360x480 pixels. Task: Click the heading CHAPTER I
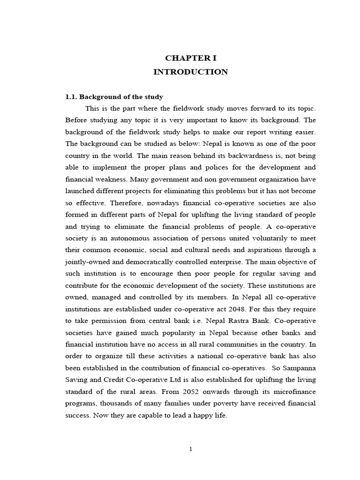click(x=191, y=58)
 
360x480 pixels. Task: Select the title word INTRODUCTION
click(x=191, y=72)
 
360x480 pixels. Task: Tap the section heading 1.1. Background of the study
click(x=114, y=97)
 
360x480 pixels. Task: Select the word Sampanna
click(x=299, y=368)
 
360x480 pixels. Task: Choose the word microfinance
click(x=293, y=391)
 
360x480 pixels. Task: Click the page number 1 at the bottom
click(x=191, y=449)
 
